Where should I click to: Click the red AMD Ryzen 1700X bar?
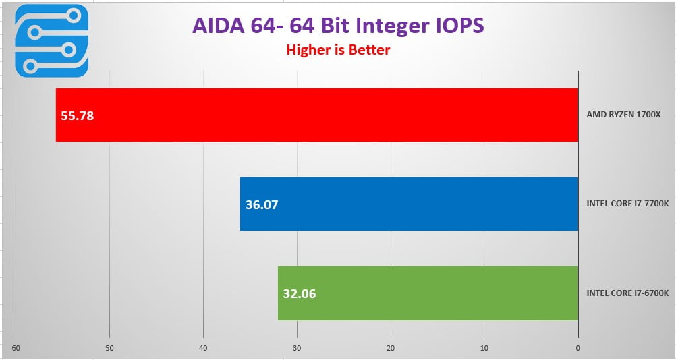point(317,115)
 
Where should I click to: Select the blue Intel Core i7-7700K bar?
point(409,204)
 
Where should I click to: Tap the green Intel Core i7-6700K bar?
point(428,293)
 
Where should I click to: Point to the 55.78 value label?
point(78,115)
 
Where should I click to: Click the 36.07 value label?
point(262,204)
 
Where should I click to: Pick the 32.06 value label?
point(300,293)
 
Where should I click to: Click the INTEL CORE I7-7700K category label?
point(627,204)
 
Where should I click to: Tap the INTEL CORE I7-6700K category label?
point(627,293)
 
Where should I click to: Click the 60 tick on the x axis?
point(16,348)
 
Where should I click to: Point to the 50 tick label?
point(109,348)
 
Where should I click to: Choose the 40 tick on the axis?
point(203,348)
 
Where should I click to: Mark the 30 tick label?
point(297,348)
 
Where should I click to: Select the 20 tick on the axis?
point(391,348)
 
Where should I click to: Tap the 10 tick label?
point(484,348)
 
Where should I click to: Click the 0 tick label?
point(578,348)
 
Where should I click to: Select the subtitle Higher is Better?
point(338,49)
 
